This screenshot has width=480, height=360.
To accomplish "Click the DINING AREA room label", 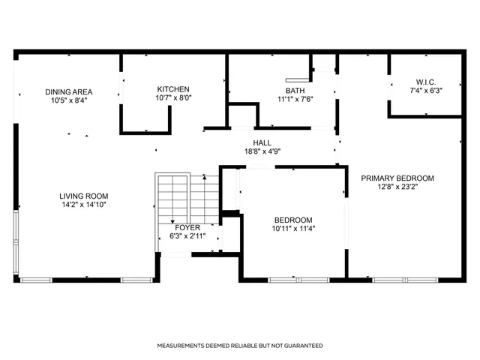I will [67, 90].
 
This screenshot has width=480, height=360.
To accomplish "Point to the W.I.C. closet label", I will [425, 82].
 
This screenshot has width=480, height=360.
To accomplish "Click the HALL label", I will [262, 142].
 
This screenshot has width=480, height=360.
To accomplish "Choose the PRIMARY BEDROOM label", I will [397, 178].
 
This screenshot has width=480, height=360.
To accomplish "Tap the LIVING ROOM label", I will [84, 196].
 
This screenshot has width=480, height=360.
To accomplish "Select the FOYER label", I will [187, 226].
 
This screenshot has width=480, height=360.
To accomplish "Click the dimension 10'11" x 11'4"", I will [293, 229].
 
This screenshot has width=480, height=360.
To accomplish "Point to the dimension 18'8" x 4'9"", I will [262, 151].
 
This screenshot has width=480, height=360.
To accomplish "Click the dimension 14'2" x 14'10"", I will [84, 205].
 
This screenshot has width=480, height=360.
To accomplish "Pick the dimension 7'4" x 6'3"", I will [425, 91].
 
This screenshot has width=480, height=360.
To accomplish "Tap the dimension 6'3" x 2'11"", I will [187, 235].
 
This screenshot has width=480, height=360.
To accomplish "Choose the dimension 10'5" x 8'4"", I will [67, 99].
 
